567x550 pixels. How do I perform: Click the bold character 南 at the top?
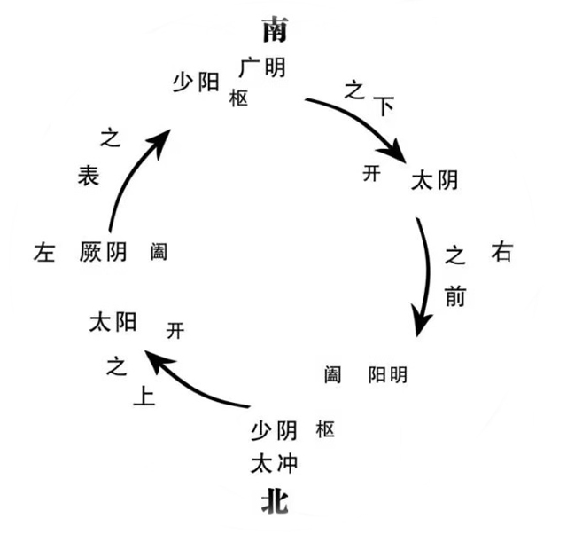(x=275, y=32)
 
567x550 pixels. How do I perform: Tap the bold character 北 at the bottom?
(x=275, y=504)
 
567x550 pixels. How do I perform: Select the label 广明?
(x=262, y=67)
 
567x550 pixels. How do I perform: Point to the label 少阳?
(x=195, y=82)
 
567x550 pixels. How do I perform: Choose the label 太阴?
(x=435, y=180)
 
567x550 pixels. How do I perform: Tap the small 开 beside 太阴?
(x=372, y=173)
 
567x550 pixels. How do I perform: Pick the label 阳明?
(x=388, y=375)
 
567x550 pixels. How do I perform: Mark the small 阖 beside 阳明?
(x=332, y=375)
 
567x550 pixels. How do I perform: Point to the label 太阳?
(x=113, y=323)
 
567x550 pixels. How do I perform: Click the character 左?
(x=44, y=253)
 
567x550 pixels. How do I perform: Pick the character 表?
(x=88, y=177)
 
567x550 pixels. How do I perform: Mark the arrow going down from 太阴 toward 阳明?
(x=430, y=275)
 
